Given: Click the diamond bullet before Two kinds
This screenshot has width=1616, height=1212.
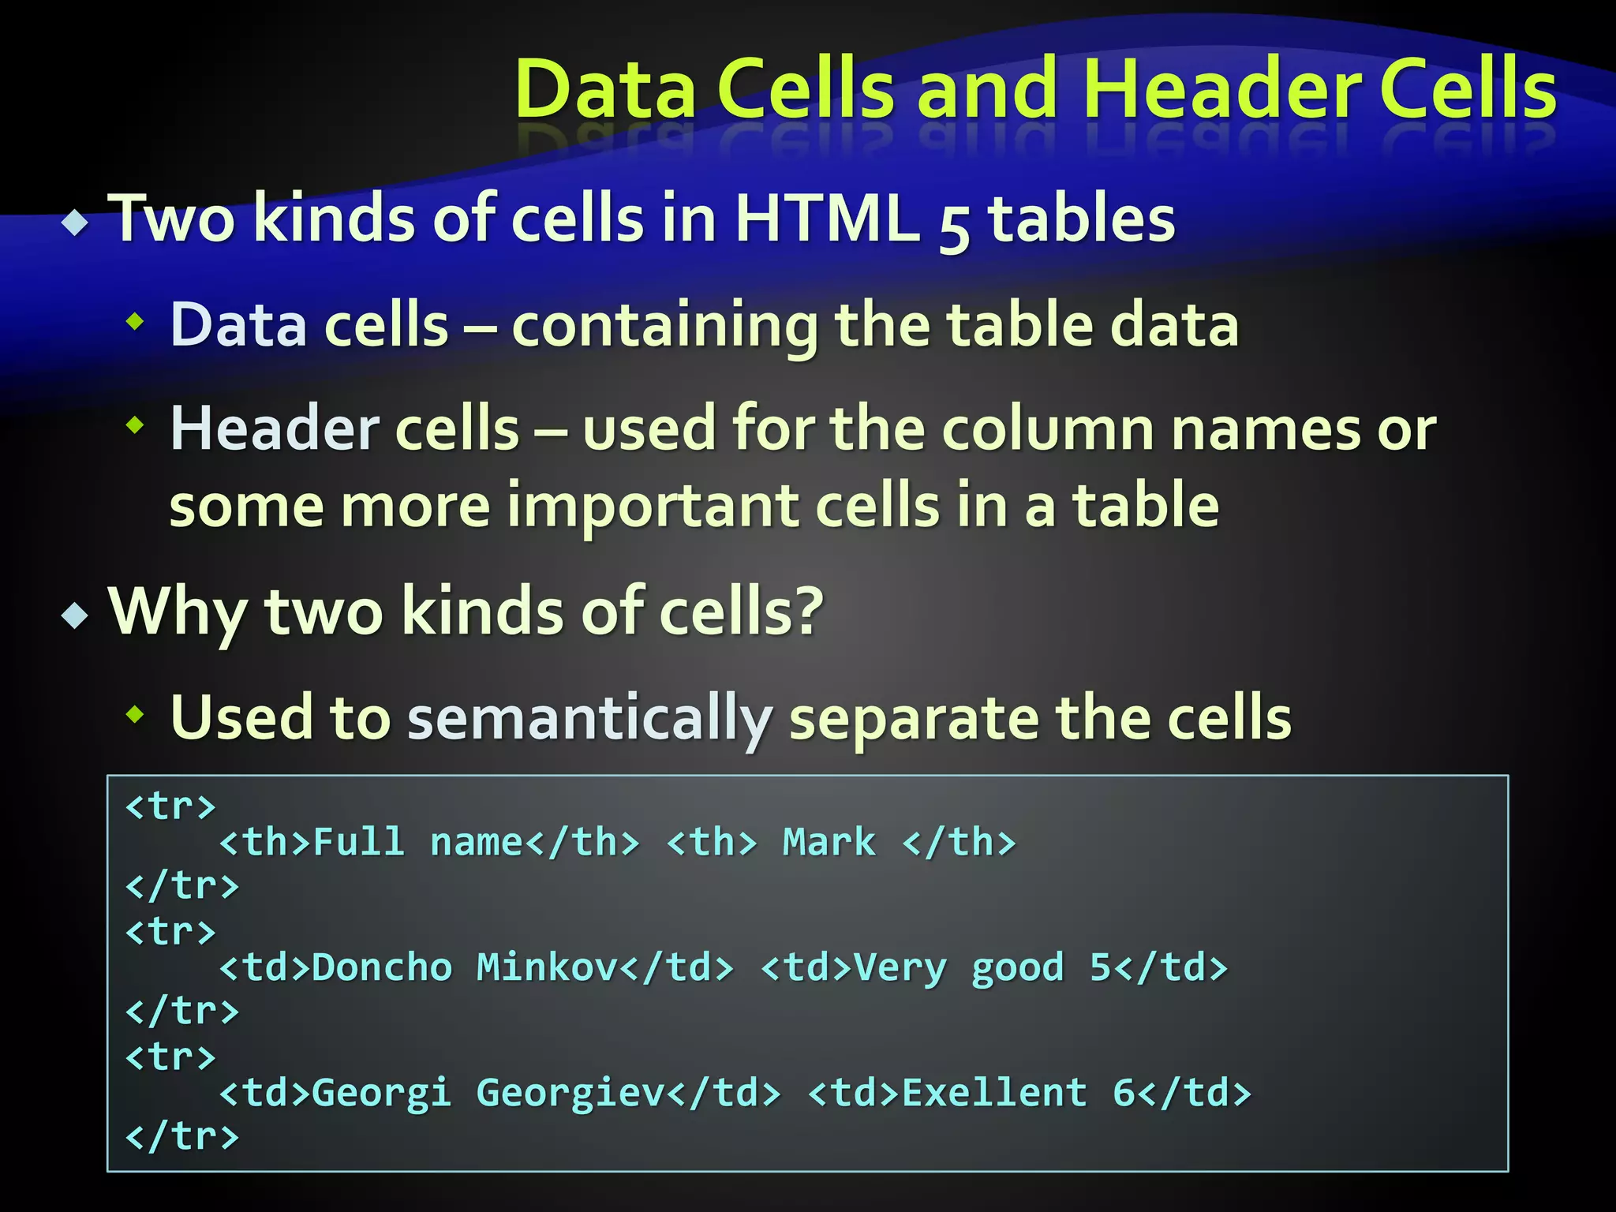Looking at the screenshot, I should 76,223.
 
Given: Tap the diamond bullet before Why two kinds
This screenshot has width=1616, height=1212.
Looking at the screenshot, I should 76,615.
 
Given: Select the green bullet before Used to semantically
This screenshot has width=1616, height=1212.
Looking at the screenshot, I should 136,715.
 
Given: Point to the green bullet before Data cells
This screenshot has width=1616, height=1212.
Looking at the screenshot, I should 136,321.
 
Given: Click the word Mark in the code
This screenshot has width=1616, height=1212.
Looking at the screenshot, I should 829,843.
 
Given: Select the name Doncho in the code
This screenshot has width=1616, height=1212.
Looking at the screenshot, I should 382,967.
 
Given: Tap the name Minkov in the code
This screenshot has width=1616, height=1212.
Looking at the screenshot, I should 547,967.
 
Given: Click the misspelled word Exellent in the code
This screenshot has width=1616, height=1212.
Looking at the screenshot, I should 994,1093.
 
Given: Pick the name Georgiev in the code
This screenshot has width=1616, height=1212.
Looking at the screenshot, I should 570,1093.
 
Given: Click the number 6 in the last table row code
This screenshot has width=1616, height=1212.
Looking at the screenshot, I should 1124,1093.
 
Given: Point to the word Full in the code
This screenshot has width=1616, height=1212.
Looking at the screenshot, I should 359,843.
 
